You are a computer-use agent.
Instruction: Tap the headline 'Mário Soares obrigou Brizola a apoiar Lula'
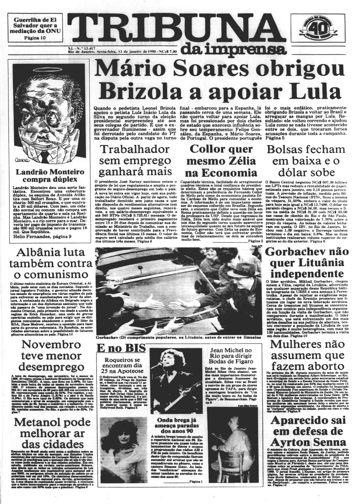(x=219, y=81)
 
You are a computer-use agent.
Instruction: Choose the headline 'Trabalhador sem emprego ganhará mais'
(x=136, y=161)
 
